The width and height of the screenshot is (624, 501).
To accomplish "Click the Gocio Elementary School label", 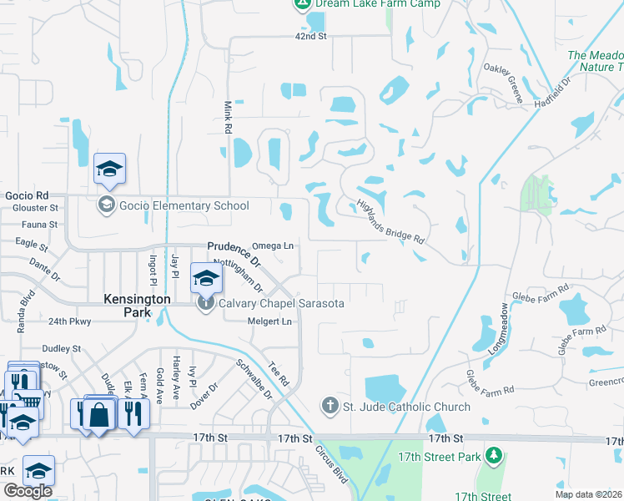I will pyautogui.click(x=184, y=205).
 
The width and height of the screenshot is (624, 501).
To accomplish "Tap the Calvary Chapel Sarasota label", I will pyautogui.click(x=281, y=304).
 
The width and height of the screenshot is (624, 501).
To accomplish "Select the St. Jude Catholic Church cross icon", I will pyautogui.click(x=330, y=407).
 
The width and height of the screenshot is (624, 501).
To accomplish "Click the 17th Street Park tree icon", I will pyautogui.click(x=495, y=456).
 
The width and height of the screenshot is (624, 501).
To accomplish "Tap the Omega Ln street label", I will pyautogui.click(x=273, y=246).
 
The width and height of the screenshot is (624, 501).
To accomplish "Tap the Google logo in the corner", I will pyautogui.click(x=28, y=491).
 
